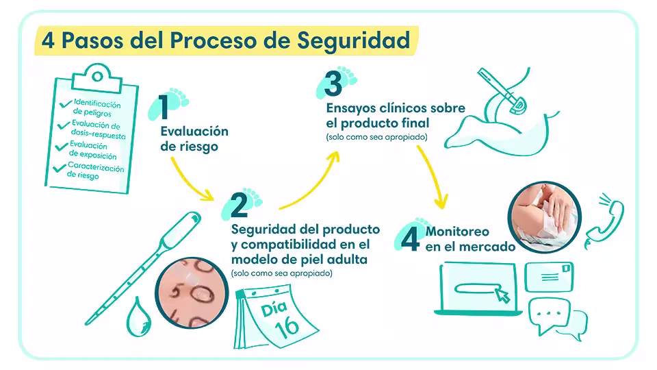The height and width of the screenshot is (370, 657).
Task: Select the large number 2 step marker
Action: (x=237, y=206)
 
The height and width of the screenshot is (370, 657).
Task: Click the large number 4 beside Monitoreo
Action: (x=409, y=236)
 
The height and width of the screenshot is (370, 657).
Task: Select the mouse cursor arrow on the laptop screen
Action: (x=503, y=295)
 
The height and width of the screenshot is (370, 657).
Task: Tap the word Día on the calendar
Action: (x=274, y=308)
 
